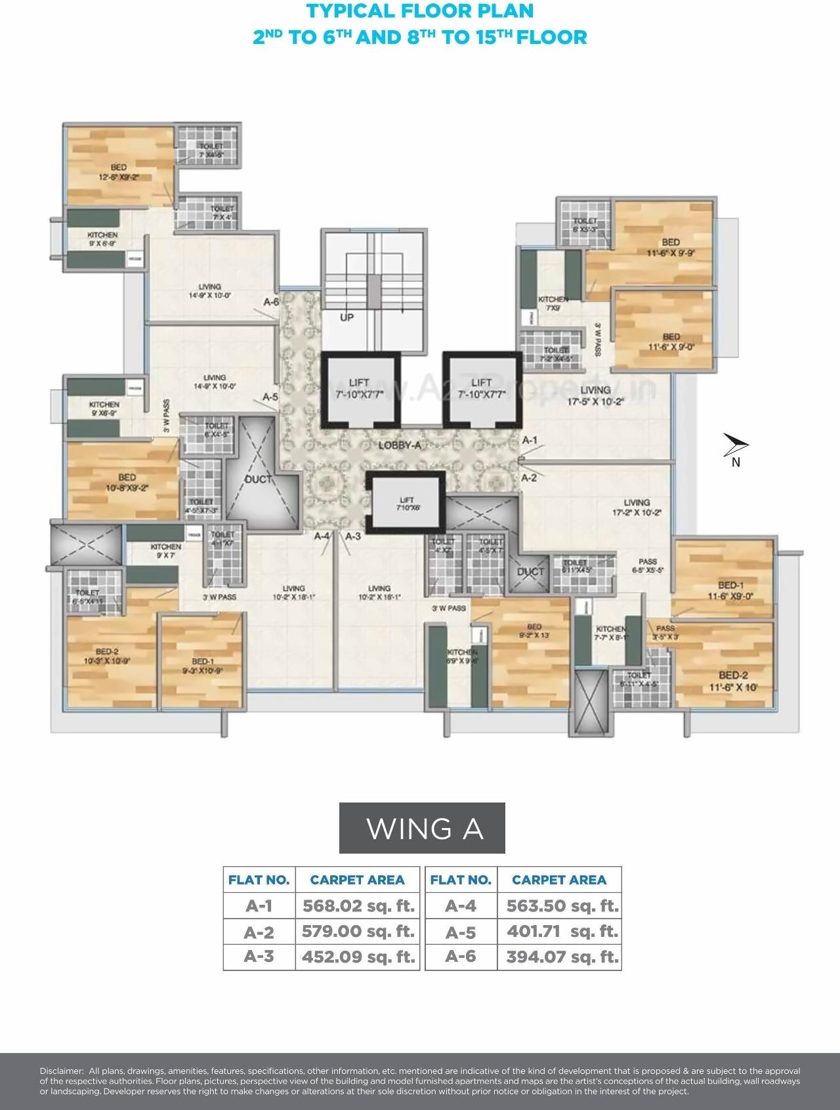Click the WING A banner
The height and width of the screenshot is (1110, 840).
pyautogui.click(x=422, y=828)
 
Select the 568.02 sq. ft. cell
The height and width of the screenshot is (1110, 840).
pyautogui.click(x=358, y=906)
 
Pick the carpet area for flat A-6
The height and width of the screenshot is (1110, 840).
pyautogui.click(x=562, y=957)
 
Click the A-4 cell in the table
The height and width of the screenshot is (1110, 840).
pyautogui.click(x=461, y=906)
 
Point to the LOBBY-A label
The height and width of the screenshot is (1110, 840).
pyautogui.click(x=399, y=445)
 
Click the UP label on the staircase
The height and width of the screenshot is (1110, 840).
pyautogui.click(x=346, y=317)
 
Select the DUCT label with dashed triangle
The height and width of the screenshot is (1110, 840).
pyautogui.click(x=258, y=479)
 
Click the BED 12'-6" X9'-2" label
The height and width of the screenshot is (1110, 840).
pyautogui.click(x=118, y=172)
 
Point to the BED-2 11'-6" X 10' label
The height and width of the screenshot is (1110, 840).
pyautogui.click(x=732, y=681)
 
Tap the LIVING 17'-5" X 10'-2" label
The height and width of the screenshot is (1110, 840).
pyautogui.click(x=595, y=395)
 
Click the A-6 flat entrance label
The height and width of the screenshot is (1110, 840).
pyautogui.click(x=271, y=302)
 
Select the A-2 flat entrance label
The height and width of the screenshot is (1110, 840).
pyautogui.click(x=529, y=478)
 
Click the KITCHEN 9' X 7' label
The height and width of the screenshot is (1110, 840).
pyautogui.click(x=165, y=551)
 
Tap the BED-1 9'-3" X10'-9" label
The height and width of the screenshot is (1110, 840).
pyautogui.click(x=202, y=666)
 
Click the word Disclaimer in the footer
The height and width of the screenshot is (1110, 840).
pyautogui.click(x=61, y=1071)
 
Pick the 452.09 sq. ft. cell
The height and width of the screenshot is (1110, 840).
pyautogui.click(x=358, y=957)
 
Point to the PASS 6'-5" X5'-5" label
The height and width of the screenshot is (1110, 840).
pyautogui.click(x=648, y=566)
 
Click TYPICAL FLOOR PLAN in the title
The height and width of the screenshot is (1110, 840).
pyautogui.click(x=420, y=11)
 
